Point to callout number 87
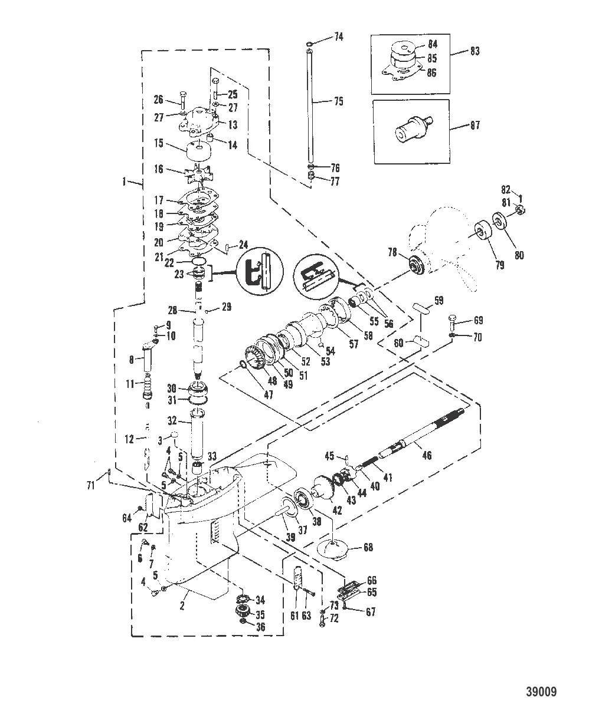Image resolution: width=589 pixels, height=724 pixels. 475,125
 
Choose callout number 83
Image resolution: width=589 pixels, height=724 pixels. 475,52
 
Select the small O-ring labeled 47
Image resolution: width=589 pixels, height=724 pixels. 244,369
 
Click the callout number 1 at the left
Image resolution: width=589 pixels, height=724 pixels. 124,183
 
